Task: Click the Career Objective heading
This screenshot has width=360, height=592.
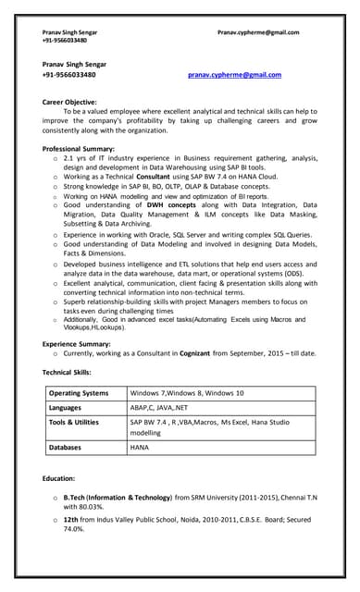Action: [x=69, y=102]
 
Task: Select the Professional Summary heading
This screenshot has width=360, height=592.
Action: [x=79, y=149]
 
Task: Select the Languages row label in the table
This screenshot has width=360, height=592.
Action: [x=66, y=407]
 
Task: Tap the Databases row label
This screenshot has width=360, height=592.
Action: [x=66, y=447]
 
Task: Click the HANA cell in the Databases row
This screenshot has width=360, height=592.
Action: [x=140, y=447]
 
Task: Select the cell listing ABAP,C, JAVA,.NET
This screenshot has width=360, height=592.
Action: [x=160, y=407]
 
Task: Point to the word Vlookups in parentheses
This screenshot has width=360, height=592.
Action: [x=81, y=327]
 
